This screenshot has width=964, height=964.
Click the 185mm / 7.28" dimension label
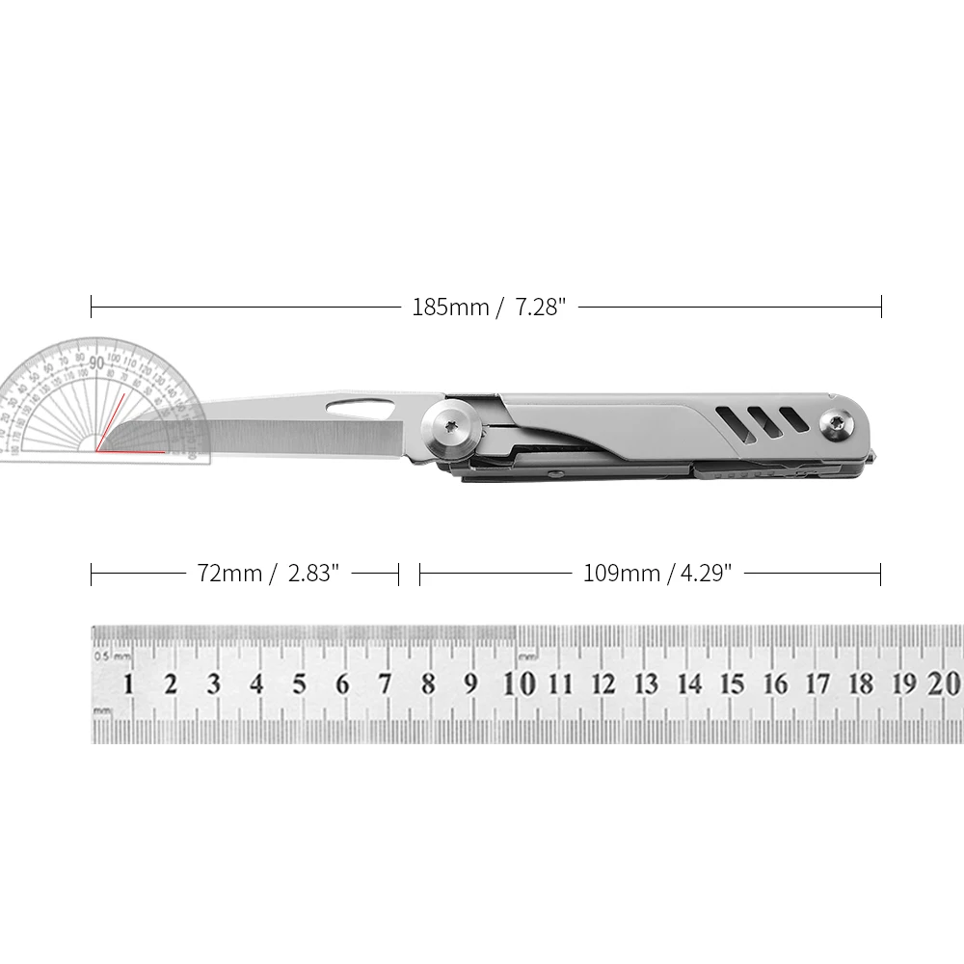(488, 308)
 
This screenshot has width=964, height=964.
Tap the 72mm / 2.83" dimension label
(268, 574)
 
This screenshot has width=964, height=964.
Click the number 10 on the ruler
(520, 683)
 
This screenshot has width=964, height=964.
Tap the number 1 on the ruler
(128, 684)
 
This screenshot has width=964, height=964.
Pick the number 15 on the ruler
(733, 684)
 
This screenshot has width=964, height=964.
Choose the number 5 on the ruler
(300, 684)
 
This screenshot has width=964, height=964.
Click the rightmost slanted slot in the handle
(793, 418)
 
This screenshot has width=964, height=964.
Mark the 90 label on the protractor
(96, 361)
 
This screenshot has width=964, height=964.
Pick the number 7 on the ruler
(386, 684)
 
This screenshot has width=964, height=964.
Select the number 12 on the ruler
(603, 684)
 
